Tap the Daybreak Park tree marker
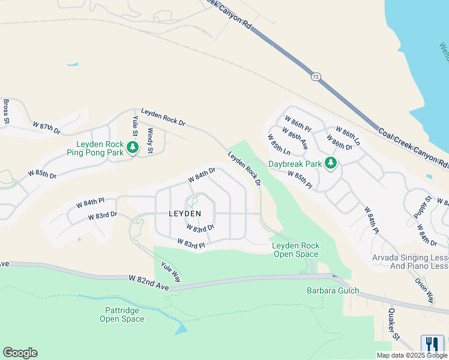point(330,163)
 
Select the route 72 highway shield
point(316,77)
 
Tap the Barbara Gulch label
point(333,291)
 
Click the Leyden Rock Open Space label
point(295,250)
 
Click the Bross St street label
point(6,112)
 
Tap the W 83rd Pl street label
point(192,243)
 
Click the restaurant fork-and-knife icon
point(432,344)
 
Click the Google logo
point(20,353)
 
